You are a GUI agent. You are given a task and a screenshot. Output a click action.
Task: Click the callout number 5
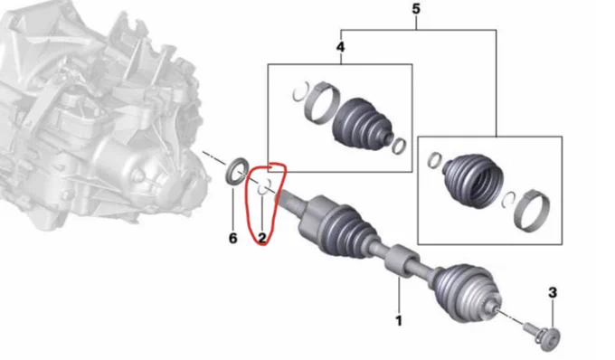click(416, 9)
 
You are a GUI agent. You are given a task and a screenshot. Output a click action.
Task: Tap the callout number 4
click(340, 47)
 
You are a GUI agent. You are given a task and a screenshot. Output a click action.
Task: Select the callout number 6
click(233, 238)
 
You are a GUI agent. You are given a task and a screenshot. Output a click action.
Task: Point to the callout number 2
click(261, 238)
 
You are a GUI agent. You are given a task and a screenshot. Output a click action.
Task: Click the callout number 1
click(399, 321)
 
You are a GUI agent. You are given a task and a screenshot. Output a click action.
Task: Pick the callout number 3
click(553, 292)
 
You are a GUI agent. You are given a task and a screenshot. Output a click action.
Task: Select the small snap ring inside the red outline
click(264, 187)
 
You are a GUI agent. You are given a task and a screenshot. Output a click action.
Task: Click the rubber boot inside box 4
click(362, 124)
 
